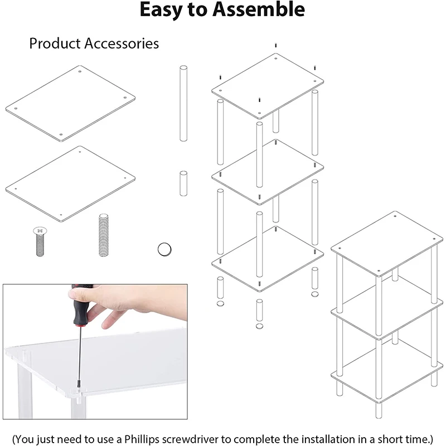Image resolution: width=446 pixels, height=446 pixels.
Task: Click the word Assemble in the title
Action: click(x=261, y=9)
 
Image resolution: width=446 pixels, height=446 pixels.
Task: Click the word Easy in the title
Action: click(x=161, y=9)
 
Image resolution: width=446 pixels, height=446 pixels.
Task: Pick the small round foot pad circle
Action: click(x=164, y=249)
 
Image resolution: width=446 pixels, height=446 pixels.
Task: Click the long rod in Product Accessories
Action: click(x=182, y=105)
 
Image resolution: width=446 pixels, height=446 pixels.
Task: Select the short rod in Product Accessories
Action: click(x=182, y=183)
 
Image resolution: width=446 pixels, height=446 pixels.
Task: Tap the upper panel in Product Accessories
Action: click(x=71, y=103)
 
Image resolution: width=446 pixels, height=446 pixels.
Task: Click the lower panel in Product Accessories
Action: click(x=71, y=183)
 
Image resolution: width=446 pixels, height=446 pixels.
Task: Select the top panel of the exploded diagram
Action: click(x=268, y=86)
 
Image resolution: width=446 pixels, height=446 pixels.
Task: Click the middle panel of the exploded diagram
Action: click(x=268, y=171)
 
